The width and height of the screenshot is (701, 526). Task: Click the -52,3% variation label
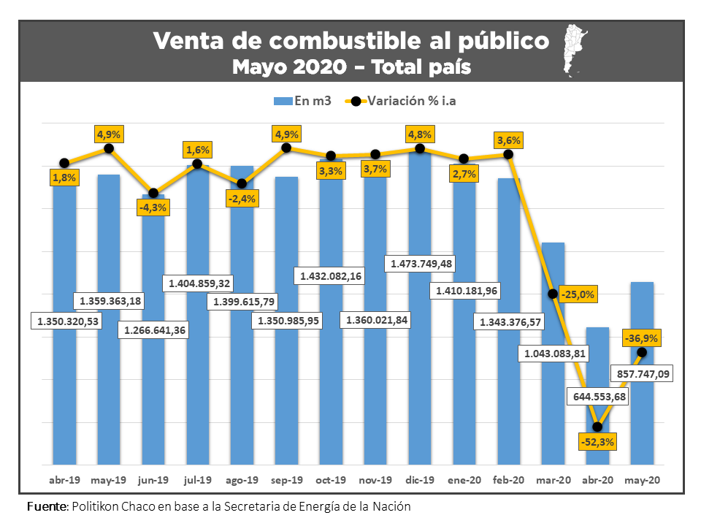coord(597,441)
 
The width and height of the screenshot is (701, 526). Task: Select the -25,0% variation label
coord(578,295)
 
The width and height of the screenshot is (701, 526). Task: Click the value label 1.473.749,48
coord(422,263)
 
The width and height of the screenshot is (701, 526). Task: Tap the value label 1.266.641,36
coord(155,330)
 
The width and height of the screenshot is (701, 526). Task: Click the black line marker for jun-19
coord(153,194)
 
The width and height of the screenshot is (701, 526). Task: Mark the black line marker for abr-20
coord(597,427)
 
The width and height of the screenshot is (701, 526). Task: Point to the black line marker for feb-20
coord(508,155)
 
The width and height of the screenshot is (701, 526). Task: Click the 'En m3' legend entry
coord(302,101)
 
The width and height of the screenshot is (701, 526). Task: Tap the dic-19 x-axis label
coord(420,481)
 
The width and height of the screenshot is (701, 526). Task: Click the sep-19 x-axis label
coord(286,481)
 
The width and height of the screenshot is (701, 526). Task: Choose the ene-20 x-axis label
coord(464,481)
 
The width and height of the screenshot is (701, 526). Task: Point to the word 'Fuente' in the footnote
coord(47,506)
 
